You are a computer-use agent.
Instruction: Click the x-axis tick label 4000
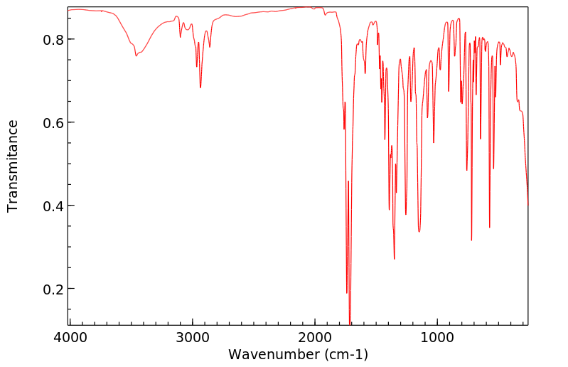pyautogui.click(x=69, y=336)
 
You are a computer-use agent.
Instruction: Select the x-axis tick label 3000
pyautogui.click(x=192, y=336)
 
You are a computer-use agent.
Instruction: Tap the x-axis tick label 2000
pyautogui.click(x=315, y=336)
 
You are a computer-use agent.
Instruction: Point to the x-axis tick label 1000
pyautogui.click(x=438, y=336)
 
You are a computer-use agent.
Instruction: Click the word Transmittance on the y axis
pyautogui.click(x=13, y=166)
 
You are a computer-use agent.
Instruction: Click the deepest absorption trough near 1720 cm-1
pyautogui.click(x=350, y=324)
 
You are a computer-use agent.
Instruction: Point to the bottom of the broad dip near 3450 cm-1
pyautogui.click(x=136, y=55)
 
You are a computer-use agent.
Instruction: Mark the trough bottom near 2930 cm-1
pyautogui.click(x=200, y=87)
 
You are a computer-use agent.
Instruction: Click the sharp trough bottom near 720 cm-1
pyautogui.click(x=471, y=240)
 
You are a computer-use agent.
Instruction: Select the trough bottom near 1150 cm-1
pyautogui.click(x=419, y=232)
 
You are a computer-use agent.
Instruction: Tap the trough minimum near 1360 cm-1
pyautogui.click(x=394, y=259)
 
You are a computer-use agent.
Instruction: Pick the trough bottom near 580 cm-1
pyautogui.click(x=489, y=228)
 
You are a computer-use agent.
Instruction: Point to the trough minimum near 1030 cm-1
pyautogui.click(x=434, y=143)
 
